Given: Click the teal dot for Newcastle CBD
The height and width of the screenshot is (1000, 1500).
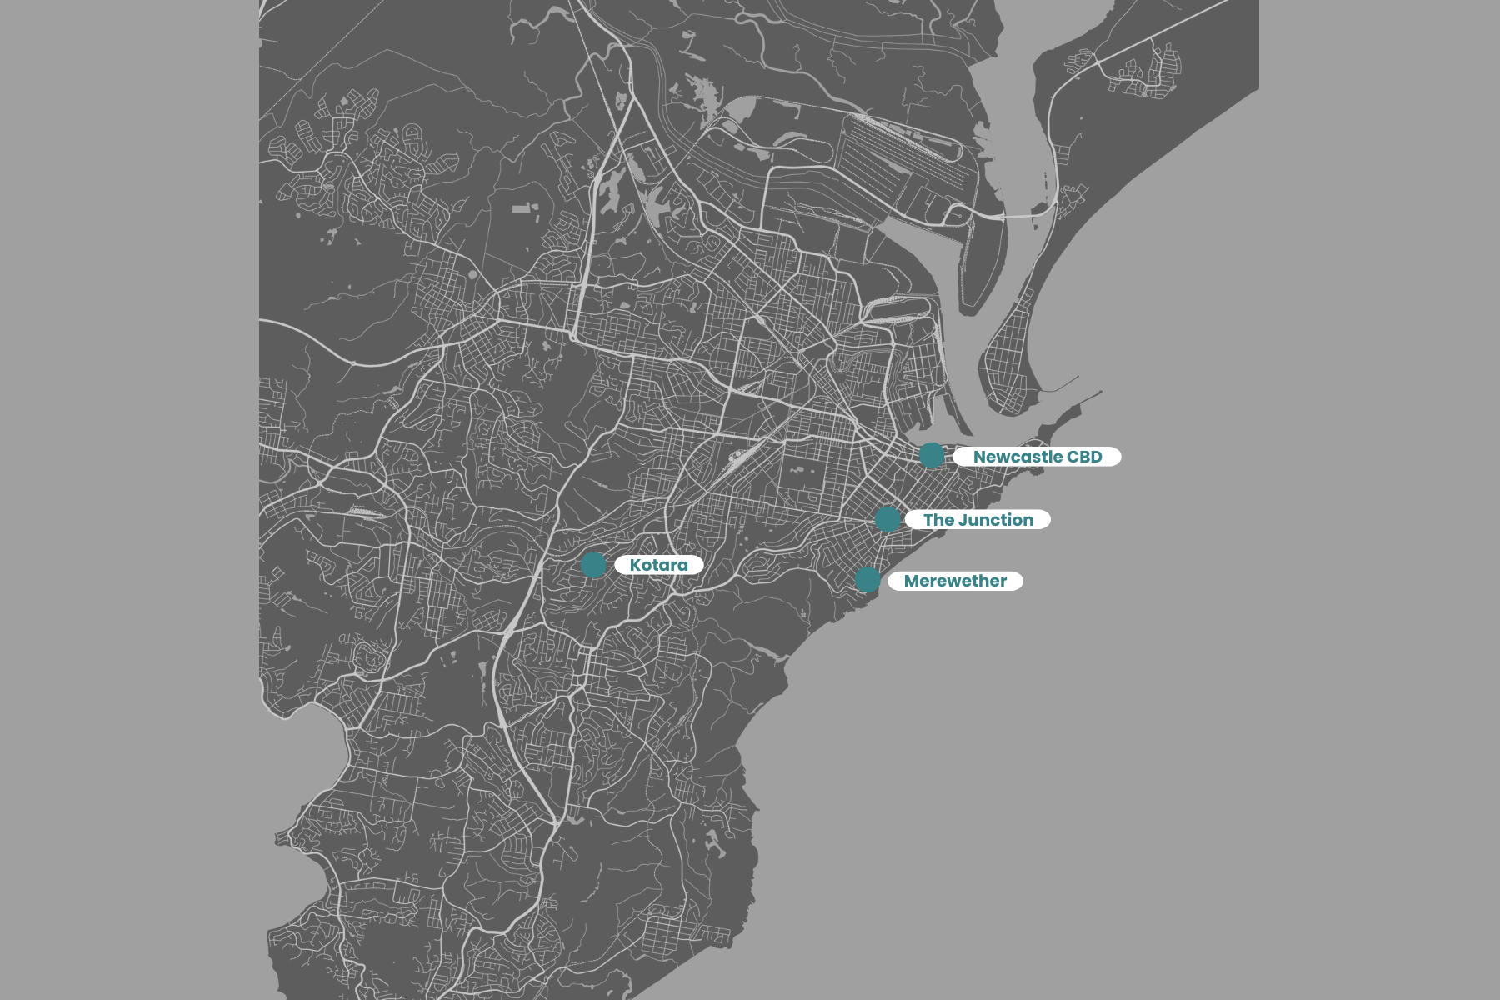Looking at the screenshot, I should coord(932,455).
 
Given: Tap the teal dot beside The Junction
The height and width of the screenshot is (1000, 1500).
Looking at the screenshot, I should coord(887,518).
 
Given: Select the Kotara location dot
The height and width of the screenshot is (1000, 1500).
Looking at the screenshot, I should coord(593,564).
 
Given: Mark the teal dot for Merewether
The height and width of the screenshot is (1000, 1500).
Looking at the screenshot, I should coord(867,579).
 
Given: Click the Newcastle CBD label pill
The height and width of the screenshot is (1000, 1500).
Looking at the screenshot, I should coord(1037,457).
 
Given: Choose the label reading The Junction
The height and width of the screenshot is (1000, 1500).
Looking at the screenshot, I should coord(977,520).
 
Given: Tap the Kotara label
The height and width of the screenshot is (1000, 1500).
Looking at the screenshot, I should coord(658,565).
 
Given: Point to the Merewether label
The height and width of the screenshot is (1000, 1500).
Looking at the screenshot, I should coord(955,581).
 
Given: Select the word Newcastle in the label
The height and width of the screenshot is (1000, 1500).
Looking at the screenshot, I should coord(1017,457).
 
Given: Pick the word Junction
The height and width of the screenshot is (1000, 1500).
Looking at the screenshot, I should coord(996,520).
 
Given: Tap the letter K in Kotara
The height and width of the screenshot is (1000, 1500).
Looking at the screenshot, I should coord(635,565).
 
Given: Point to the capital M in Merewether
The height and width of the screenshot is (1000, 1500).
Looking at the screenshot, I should coord(912,581).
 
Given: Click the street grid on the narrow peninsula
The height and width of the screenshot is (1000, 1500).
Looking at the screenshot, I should coord(1008,358).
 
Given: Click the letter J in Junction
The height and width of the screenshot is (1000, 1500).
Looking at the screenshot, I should coord(962,520).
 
